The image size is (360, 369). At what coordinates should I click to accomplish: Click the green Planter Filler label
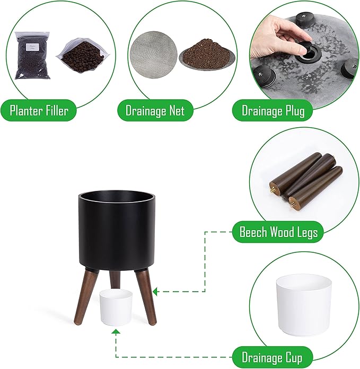pyautogui.click(x=39, y=110)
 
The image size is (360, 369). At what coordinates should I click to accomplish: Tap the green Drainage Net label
pyautogui.click(x=155, y=110)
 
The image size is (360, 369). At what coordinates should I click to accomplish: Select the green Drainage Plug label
pyautogui.click(x=273, y=110)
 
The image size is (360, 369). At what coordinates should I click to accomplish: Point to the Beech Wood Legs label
pyautogui.click(x=278, y=232)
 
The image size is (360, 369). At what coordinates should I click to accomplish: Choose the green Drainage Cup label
pyautogui.click(x=273, y=357)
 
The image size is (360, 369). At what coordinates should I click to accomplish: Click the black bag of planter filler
pyautogui.click(x=32, y=56)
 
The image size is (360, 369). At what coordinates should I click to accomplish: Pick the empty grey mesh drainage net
pyautogui.click(x=154, y=55)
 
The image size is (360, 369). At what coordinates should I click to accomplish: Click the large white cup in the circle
pyautogui.click(x=304, y=305)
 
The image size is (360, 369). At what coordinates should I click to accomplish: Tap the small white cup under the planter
pyautogui.click(x=116, y=307)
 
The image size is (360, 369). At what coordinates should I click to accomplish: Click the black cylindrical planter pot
pyautogui.click(x=117, y=231)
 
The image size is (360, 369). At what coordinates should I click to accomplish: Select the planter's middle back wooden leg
pyautogui.click(x=115, y=279)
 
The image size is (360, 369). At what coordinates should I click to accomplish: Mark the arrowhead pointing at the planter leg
pyautogui.click(x=155, y=292)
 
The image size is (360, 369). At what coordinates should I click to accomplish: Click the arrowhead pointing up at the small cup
pyautogui.click(x=116, y=332)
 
